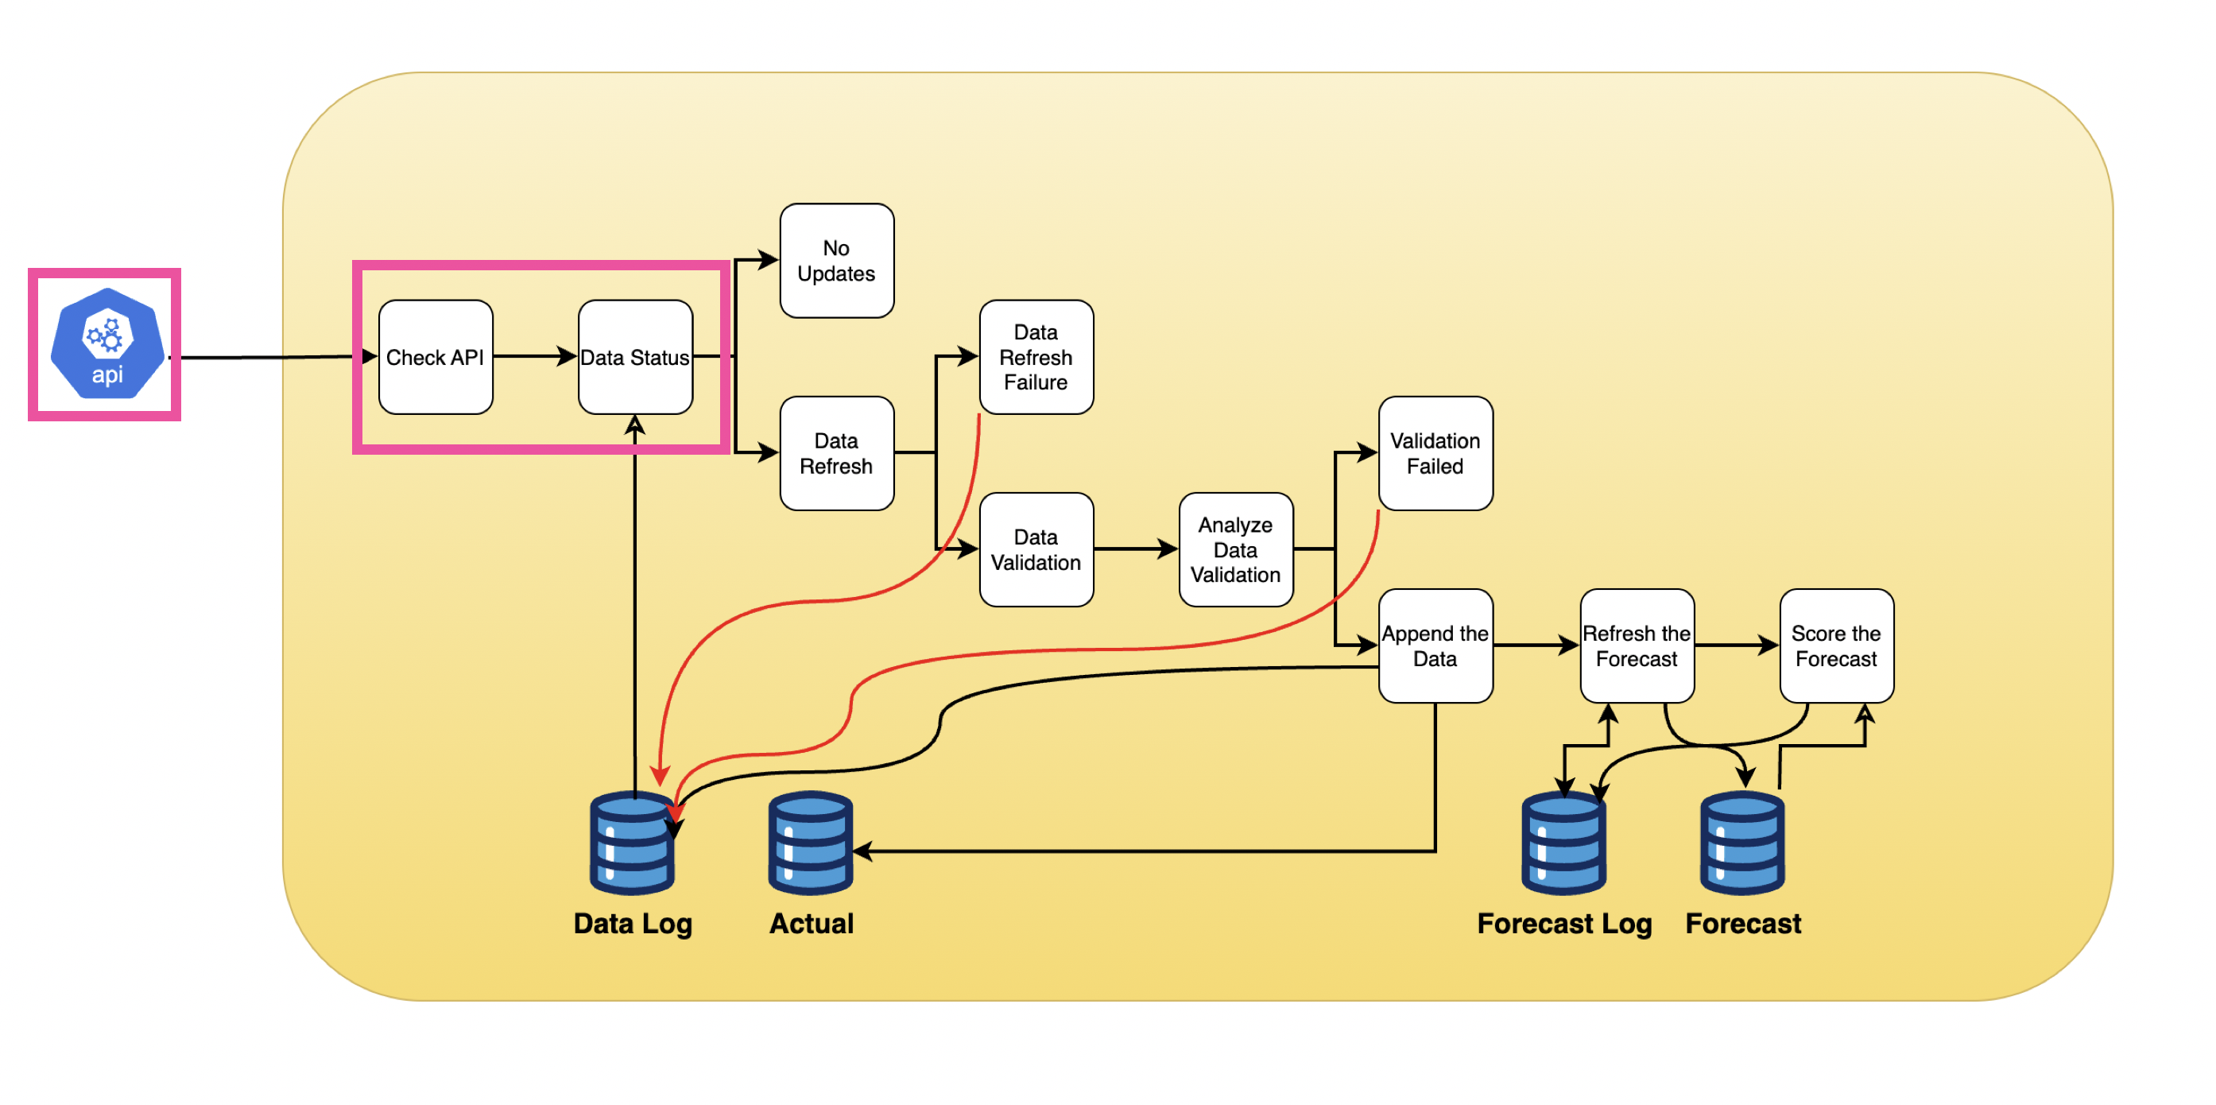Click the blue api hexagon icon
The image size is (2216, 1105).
(107, 343)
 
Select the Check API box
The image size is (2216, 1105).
(436, 357)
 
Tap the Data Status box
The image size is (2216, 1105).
(635, 357)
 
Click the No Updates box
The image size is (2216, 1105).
(836, 261)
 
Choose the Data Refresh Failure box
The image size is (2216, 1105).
(1036, 357)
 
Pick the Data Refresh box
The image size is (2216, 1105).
(836, 454)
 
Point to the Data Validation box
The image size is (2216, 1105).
(1036, 550)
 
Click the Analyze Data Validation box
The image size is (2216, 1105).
(1235, 550)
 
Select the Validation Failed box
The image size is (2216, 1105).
(1435, 454)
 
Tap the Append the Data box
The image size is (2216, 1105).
(1435, 646)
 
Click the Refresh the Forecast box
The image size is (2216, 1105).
(1637, 646)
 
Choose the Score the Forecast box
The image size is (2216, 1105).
(1836, 646)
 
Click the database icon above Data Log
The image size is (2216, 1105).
(632, 843)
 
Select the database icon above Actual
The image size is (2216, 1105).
(811, 843)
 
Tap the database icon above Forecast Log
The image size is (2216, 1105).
(1563, 843)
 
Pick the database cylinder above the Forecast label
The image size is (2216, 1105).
(1742, 843)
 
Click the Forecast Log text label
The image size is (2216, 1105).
(1564, 924)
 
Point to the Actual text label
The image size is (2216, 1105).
(812, 924)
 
